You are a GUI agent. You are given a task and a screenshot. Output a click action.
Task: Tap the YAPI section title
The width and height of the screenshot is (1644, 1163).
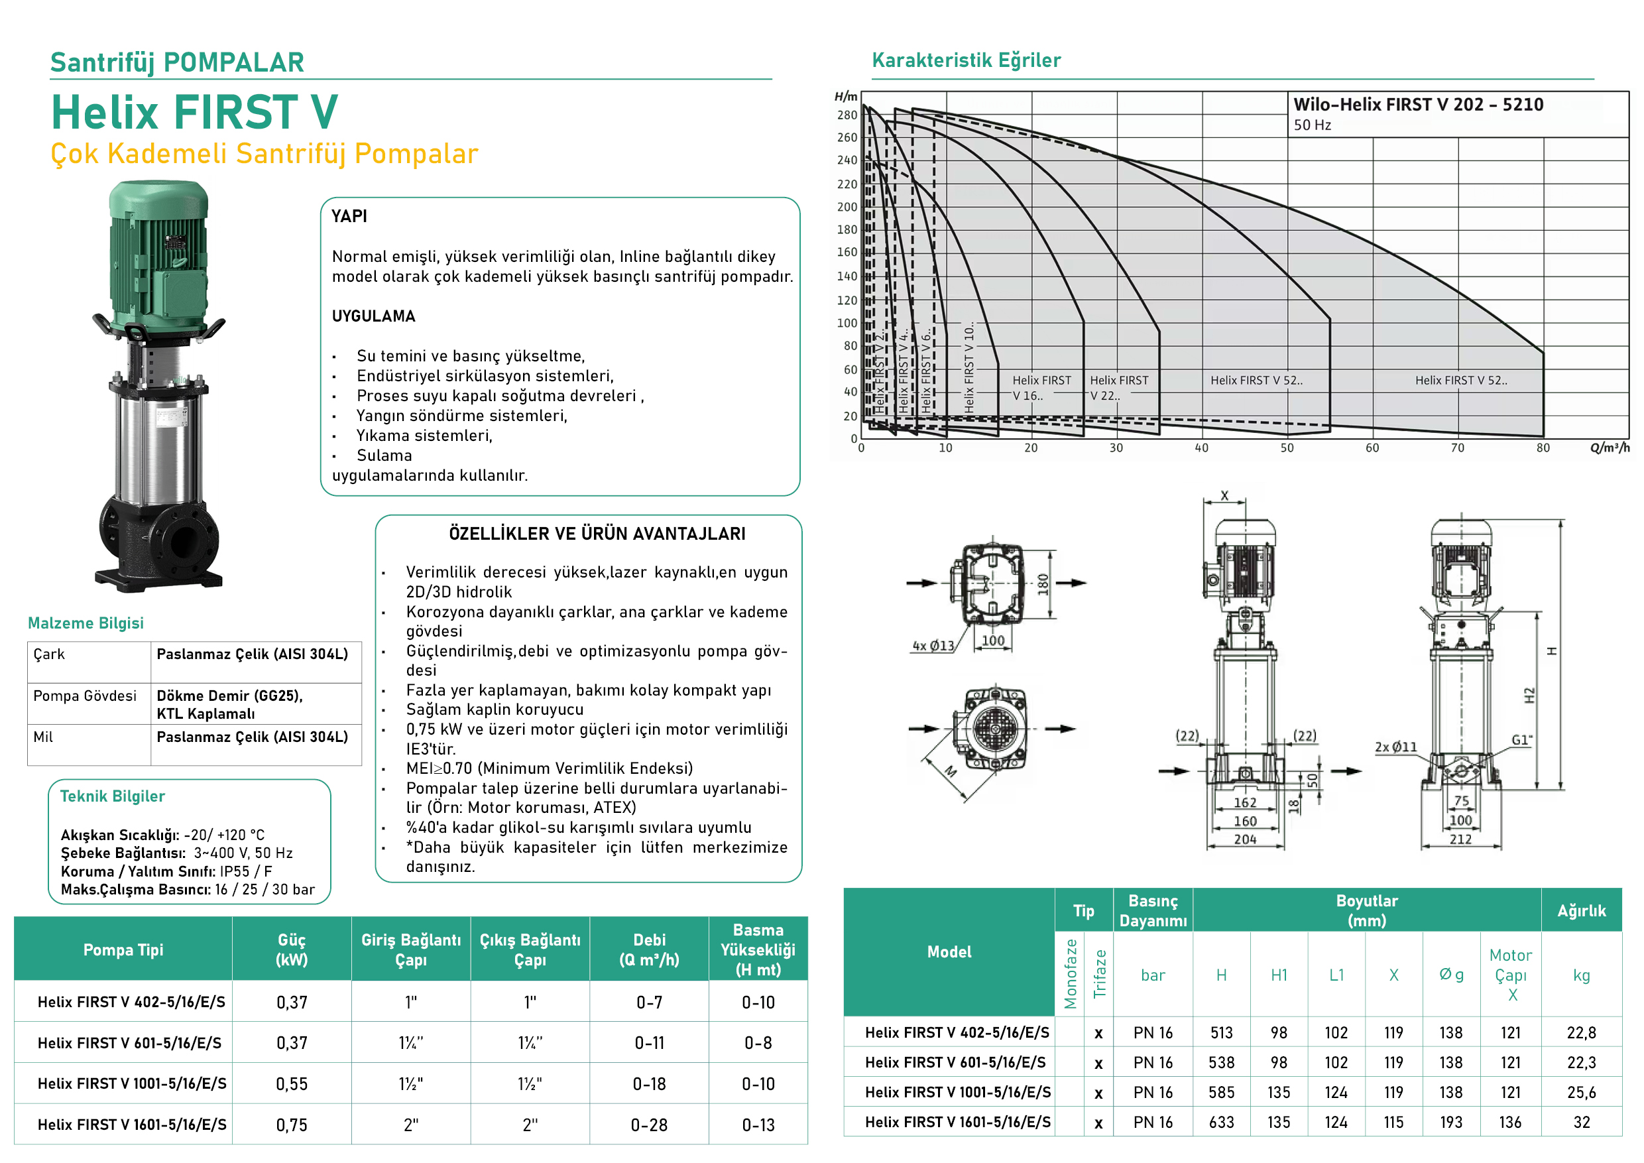349,216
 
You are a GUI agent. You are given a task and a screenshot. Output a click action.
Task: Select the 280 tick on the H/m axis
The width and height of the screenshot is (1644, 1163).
847,115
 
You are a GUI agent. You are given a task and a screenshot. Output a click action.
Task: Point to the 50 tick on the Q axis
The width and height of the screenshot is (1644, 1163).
1287,448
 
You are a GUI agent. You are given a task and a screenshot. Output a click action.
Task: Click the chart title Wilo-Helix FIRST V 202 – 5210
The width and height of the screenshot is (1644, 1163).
1418,105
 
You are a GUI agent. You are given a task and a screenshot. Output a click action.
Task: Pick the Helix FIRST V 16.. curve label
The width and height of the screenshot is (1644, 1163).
1041,387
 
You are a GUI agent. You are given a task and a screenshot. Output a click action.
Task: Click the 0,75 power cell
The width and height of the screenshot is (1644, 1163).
292,1125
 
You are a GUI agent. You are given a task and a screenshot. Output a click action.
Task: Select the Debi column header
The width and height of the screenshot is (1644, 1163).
649,949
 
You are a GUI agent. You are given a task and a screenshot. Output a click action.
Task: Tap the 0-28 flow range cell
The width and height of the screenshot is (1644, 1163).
649,1125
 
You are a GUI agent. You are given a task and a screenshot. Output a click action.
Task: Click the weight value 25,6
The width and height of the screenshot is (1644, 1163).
1581,1092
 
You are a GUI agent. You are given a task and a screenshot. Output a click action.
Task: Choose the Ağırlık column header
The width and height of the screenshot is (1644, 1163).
1581,910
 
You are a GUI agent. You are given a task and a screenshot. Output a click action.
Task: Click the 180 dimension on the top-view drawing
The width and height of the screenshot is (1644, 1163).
1043,583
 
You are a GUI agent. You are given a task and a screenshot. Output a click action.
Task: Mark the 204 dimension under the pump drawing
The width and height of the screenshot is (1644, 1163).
1245,839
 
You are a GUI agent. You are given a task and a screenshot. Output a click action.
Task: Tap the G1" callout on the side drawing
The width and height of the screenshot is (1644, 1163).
1521,741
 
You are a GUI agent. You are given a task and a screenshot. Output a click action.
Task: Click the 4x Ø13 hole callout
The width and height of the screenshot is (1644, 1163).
933,646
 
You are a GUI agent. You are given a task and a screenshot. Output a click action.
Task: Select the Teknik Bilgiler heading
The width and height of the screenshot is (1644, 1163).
113,796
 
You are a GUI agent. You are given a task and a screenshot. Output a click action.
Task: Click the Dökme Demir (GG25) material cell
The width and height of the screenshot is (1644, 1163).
230,696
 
